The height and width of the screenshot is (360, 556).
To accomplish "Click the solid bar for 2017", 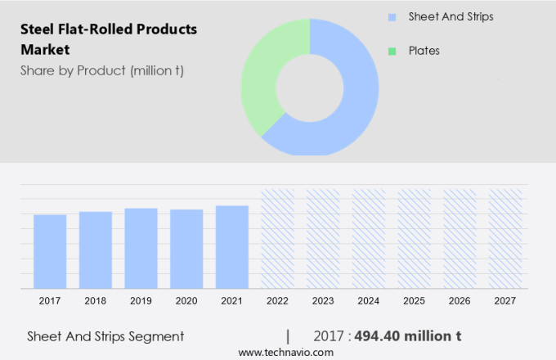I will tap(50, 251).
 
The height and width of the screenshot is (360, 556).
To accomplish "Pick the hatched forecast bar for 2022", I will tap(277, 239).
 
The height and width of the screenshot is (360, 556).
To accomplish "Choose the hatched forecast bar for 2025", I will tap(414, 239).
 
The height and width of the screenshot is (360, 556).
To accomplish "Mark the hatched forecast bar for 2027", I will tap(504, 239).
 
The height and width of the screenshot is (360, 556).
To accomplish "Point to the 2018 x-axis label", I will tap(96, 301).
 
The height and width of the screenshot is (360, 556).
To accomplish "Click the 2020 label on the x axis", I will tap(186, 301).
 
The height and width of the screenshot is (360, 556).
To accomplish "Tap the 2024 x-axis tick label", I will tap(368, 301).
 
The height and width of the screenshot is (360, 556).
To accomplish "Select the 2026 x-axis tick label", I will tap(460, 301).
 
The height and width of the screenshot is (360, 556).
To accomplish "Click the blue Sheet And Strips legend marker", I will tap(392, 16).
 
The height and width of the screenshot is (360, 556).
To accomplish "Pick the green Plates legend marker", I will tap(392, 51).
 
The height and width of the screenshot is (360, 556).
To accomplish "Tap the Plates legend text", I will tap(424, 51).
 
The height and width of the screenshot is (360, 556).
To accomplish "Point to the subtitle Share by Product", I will tap(102, 70).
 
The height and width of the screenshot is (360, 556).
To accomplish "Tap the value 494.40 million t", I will tap(408, 336).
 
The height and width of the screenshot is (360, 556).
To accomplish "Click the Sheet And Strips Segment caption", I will tap(105, 336).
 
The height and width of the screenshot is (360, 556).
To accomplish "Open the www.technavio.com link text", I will tap(285, 352).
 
